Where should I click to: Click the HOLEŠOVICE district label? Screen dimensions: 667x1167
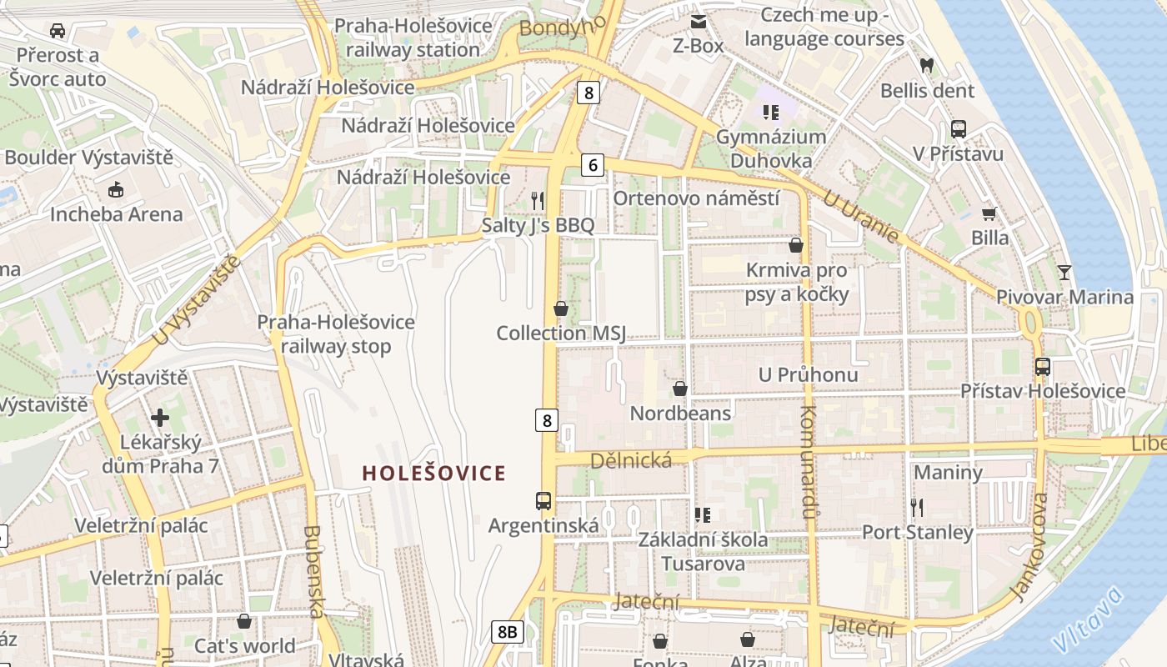[433, 473]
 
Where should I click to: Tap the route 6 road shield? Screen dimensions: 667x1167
[592, 165]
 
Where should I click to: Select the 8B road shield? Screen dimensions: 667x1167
[507, 632]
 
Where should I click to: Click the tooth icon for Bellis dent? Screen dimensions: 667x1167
[926, 65]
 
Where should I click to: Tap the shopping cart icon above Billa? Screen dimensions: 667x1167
[989, 213]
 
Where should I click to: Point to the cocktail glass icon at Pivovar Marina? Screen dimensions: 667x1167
[1064, 272]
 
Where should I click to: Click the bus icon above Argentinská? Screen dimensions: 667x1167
[543, 500]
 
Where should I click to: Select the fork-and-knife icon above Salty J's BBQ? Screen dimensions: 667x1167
[538, 200]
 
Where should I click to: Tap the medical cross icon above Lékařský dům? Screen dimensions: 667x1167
[160, 417]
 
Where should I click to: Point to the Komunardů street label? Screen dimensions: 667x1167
[807, 462]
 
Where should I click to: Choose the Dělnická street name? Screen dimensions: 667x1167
[631, 460]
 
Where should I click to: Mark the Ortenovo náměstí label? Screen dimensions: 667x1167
[696, 198]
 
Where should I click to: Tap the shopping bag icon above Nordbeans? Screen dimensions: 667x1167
[680, 389]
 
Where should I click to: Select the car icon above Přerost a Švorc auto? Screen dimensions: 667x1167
[57, 31]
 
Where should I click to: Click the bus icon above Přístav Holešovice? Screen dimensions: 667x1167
[1042, 366]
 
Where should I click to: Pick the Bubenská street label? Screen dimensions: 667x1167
[313, 571]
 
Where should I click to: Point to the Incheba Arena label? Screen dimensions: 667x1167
[116, 214]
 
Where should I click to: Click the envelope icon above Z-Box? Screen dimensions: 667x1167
[698, 21]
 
